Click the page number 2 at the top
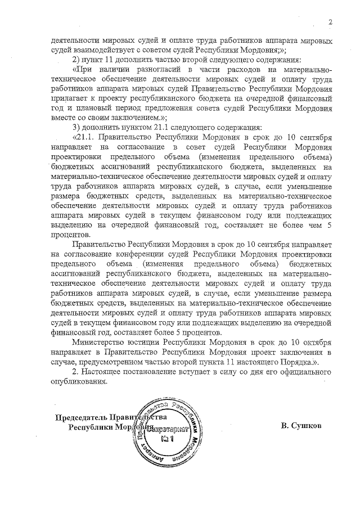point(331,22)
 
